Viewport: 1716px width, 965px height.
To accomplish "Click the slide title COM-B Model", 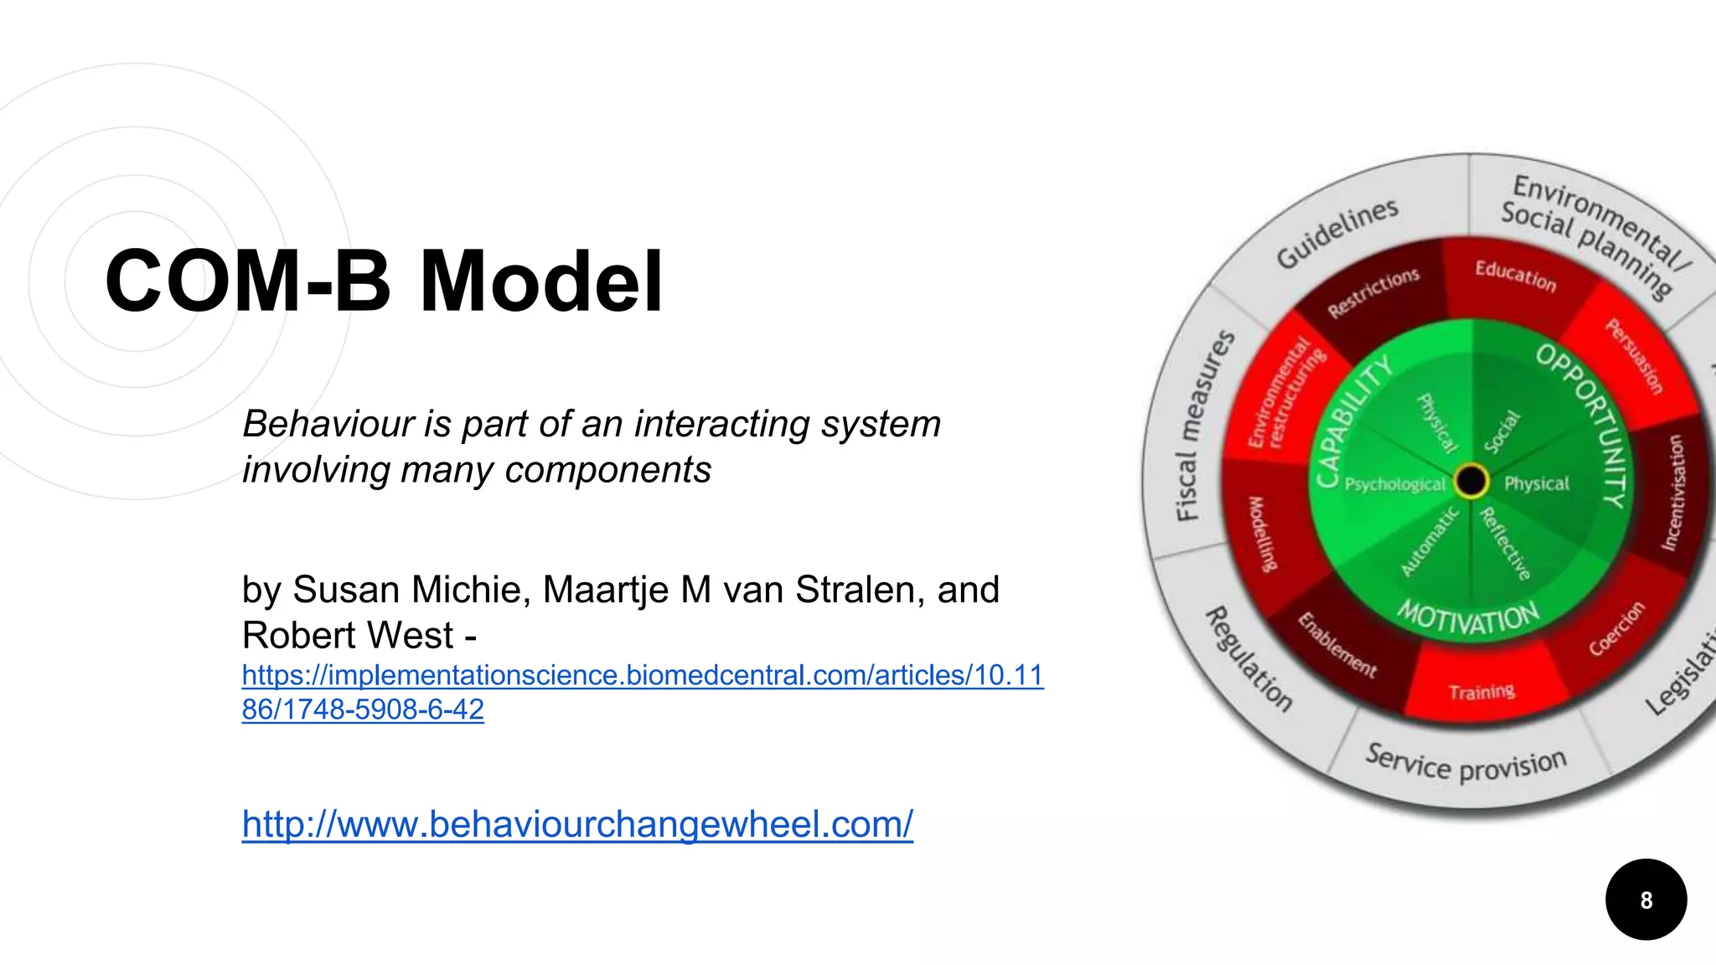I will (x=384, y=281).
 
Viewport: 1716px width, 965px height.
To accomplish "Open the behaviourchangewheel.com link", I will (x=577, y=824).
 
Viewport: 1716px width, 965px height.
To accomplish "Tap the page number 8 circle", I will (x=1646, y=900).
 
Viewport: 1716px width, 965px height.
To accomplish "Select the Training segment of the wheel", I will (x=1481, y=692).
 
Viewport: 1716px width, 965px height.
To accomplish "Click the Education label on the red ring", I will (x=1515, y=276).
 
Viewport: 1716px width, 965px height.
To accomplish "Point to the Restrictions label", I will (x=1373, y=293).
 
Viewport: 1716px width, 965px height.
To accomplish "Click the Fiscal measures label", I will (x=1204, y=426).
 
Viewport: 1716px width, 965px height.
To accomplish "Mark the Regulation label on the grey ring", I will (x=1248, y=658).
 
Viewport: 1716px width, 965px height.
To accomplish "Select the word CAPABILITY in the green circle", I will (x=1352, y=421).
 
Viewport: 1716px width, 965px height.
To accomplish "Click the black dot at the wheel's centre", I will (x=1470, y=481).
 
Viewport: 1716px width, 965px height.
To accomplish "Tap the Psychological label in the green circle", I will (x=1394, y=484).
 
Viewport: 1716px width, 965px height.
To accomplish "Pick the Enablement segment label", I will (x=1336, y=645).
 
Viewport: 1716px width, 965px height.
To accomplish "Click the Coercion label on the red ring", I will (x=1616, y=628).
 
